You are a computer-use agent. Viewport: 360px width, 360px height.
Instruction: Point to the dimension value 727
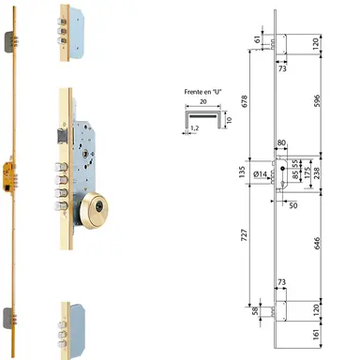pos(244,247)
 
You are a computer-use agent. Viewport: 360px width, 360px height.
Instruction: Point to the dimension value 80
pos(282,143)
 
